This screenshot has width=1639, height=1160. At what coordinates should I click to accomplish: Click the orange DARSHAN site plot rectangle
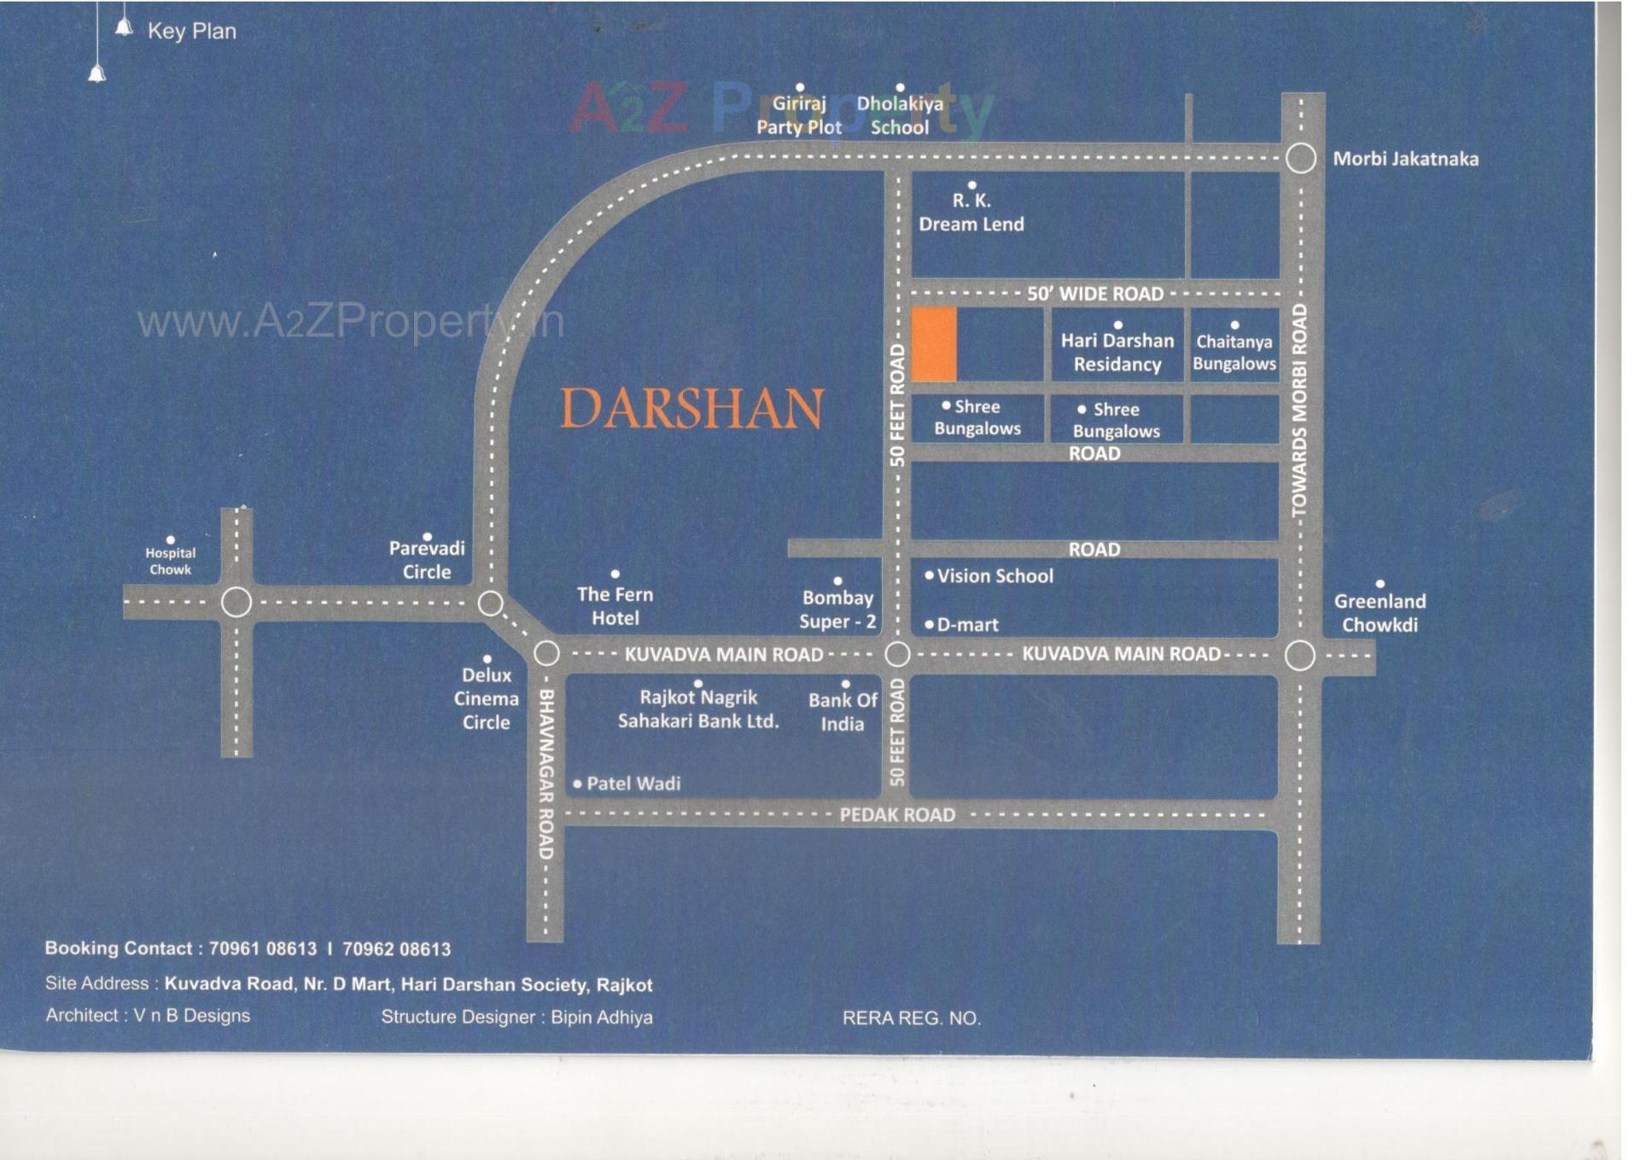click(934, 344)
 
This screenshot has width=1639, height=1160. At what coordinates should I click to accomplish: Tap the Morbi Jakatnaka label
click(1405, 159)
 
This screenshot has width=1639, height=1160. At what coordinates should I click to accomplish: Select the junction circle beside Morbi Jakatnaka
click(1300, 158)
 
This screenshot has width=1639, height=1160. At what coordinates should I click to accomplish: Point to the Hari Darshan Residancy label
click(1117, 352)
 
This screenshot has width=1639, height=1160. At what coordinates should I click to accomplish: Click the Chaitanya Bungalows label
click(1234, 352)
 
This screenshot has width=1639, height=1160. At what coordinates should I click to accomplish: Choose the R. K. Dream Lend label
click(971, 213)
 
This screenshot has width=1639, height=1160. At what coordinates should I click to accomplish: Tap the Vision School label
click(994, 576)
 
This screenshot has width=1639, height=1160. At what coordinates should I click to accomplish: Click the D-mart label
click(967, 625)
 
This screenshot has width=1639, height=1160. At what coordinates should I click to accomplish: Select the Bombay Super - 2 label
click(837, 609)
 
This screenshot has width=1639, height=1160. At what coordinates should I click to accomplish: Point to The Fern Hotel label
click(615, 605)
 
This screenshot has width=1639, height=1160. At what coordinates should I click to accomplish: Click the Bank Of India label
click(843, 711)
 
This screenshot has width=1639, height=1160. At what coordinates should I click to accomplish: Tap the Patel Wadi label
click(633, 784)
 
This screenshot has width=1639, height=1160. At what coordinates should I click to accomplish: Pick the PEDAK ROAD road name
click(897, 815)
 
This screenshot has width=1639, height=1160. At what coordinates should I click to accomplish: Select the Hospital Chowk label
click(170, 561)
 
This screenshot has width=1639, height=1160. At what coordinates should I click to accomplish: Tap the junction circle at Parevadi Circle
click(490, 603)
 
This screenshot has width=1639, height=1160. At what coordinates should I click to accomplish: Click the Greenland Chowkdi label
click(1379, 612)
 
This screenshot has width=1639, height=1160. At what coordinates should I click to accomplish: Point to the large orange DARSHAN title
click(691, 409)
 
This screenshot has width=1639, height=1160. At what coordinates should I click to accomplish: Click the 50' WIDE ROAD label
click(1094, 294)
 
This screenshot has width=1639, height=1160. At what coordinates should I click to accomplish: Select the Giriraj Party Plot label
click(799, 115)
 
